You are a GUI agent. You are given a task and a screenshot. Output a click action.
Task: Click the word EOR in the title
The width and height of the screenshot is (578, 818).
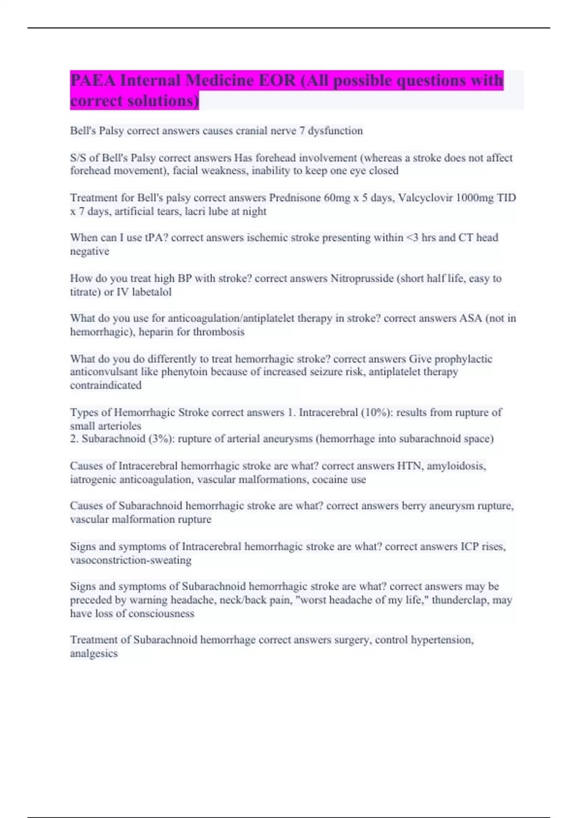click(277, 80)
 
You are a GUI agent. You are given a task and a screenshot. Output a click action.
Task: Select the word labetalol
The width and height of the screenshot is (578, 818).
click(151, 292)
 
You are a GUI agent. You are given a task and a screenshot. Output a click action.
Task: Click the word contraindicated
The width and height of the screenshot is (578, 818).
click(105, 385)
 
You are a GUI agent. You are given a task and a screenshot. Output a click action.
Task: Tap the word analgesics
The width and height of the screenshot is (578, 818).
click(93, 653)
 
